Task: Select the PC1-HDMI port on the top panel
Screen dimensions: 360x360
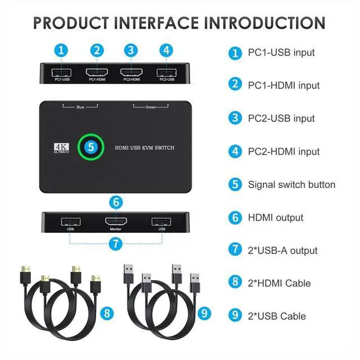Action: pos(98,72)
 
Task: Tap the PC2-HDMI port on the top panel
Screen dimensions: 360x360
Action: pos(131,72)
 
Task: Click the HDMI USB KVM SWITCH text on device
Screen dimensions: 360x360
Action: pos(145,147)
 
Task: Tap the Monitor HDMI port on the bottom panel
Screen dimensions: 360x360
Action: pos(115,221)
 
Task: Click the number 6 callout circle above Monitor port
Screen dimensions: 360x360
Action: pos(115,201)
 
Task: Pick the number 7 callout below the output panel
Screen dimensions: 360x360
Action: pos(115,244)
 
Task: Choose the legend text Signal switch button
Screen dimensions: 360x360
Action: pos(291,184)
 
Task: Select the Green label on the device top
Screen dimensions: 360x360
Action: pos(151,106)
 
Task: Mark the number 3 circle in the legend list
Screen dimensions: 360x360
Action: pos(235,119)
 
